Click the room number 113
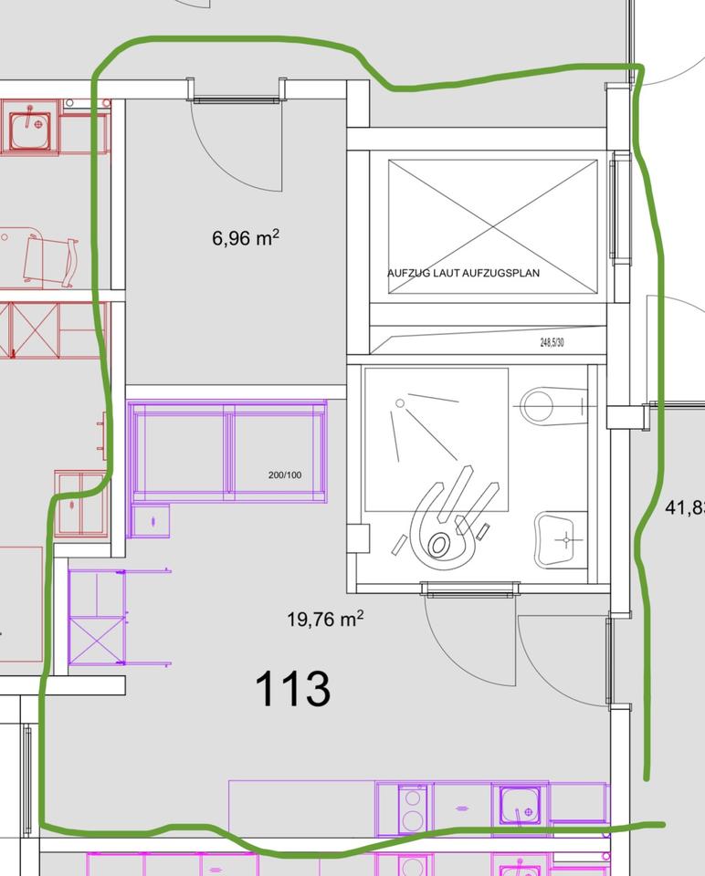click(292, 689)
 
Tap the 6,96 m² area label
click(246, 239)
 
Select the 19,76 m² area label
click(325, 620)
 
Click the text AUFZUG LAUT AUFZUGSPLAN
click(463, 273)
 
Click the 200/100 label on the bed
click(285, 475)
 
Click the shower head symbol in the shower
click(399, 402)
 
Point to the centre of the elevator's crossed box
click(492, 226)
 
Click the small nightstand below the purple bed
click(149, 520)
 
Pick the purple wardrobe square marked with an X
click(96, 640)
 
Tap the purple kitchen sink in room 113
click(521, 806)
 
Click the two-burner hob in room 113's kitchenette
click(413, 807)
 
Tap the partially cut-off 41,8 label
click(685, 507)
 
